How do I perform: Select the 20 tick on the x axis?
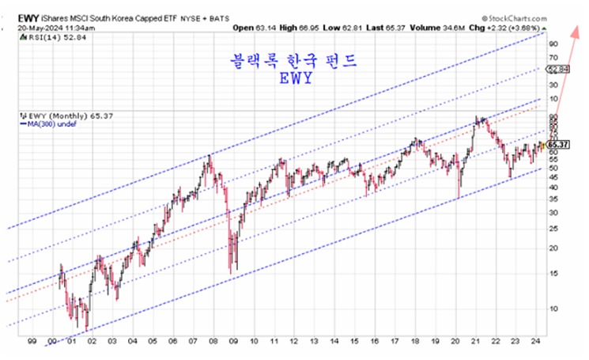click(x=456, y=341)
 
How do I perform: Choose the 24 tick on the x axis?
click(x=538, y=341)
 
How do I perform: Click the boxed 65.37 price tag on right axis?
click(x=559, y=145)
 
